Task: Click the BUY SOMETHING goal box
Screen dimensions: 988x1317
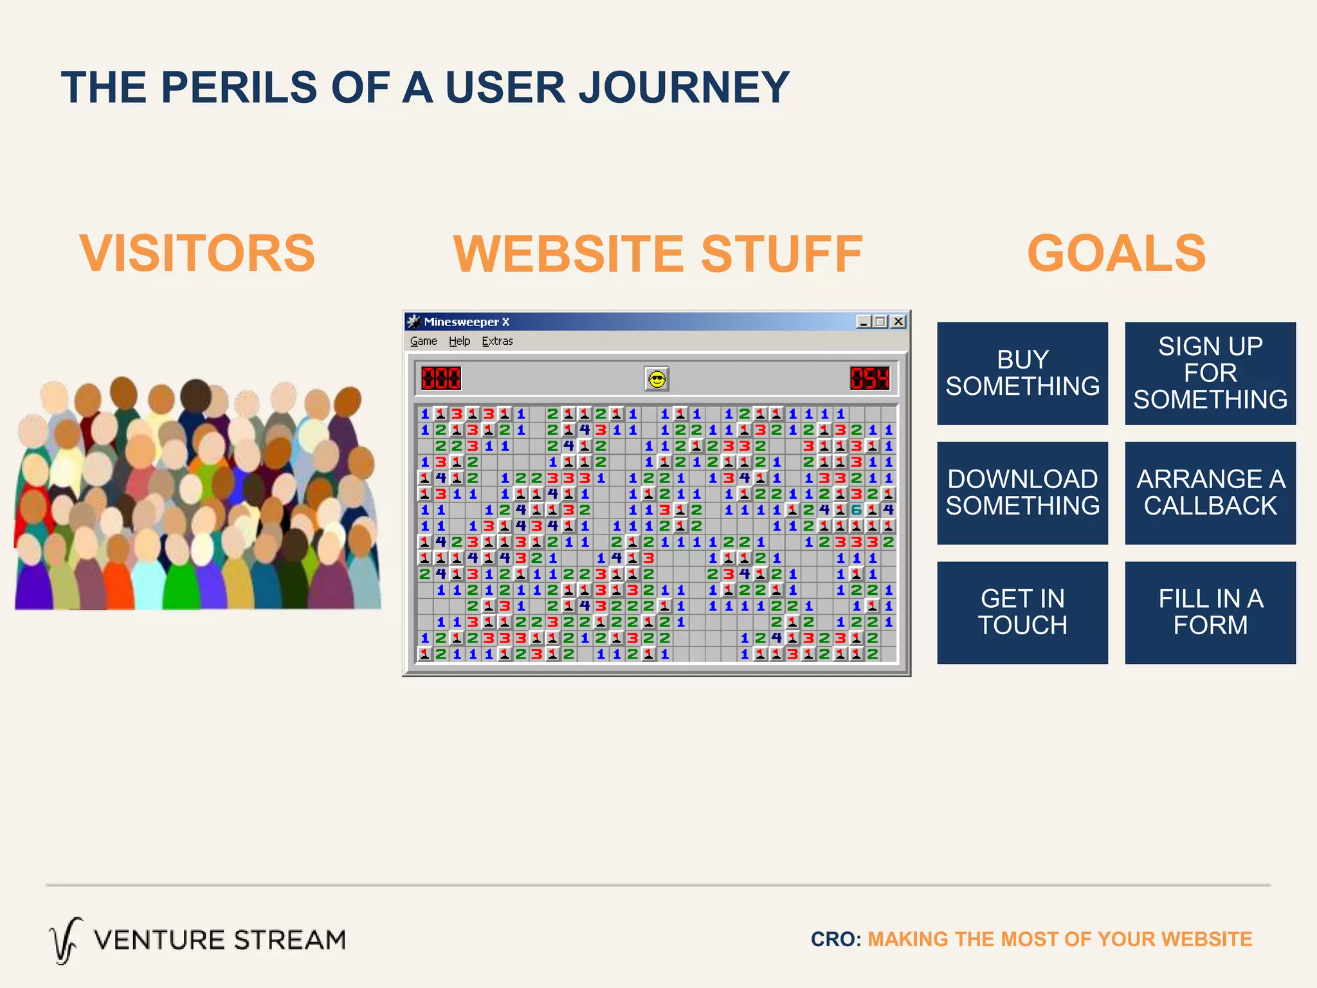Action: (1022, 373)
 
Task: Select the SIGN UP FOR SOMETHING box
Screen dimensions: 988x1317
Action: (1210, 373)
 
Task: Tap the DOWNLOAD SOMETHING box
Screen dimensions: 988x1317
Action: (1022, 493)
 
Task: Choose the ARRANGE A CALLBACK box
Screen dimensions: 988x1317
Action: (1210, 493)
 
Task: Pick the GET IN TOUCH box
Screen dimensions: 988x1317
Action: (1022, 612)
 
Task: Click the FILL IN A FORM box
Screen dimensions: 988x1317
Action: (1210, 612)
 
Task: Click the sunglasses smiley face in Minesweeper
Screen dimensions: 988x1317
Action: (657, 379)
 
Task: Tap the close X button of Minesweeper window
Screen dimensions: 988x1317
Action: (898, 322)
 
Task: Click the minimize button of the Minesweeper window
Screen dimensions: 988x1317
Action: (864, 322)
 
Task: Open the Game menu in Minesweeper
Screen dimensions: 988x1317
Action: (423, 341)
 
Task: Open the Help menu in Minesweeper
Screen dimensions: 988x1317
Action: (459, 341)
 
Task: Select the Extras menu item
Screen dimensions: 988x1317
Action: (497, 341)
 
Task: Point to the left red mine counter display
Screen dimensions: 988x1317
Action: (441, 378)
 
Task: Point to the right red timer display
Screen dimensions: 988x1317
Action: (869, 378)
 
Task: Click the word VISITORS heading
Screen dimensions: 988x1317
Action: (197, 253)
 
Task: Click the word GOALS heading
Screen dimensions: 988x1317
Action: (1116, 253)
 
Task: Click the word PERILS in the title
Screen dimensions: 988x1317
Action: (239, 87)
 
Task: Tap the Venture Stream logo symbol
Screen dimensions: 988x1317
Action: (66, 940)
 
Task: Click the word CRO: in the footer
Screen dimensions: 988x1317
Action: (835, 939)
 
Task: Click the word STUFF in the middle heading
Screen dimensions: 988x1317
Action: (781, 254)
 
